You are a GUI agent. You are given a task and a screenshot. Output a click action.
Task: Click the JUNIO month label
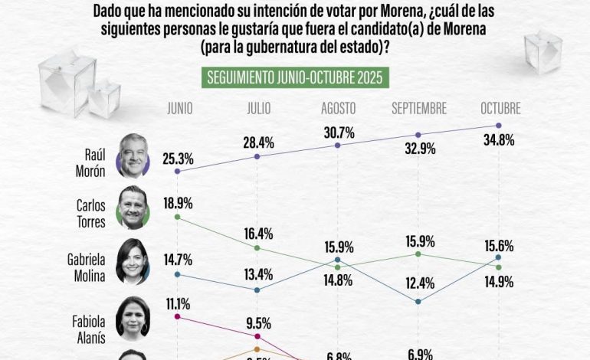(180, 109)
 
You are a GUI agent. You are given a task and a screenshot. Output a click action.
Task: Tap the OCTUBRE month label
(500, 109)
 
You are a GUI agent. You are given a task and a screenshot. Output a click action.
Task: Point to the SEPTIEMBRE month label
(418, 109)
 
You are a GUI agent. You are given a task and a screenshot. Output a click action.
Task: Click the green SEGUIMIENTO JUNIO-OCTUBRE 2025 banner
(296, 78)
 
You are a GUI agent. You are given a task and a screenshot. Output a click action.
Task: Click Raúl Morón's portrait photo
(133, 155)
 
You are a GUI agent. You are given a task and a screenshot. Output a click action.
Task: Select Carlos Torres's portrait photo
(133, 207)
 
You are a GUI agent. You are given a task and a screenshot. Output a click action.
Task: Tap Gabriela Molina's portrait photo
(133, 261)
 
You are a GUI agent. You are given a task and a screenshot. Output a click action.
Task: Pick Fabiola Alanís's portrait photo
(133, 316)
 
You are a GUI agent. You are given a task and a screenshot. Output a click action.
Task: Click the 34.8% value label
(498, 141)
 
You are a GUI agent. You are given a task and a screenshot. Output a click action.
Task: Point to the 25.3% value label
(178, 159)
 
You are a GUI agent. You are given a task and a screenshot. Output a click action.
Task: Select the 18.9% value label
(177, 204)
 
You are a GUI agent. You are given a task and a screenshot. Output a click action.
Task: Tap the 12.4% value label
(418, 283)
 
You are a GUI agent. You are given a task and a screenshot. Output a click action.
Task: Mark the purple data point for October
(499, 126)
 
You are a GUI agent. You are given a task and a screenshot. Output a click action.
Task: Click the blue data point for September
(418, 302)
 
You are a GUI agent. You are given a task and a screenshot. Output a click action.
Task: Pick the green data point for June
(177, 218)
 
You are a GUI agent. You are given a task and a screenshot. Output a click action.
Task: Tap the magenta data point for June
(177, 316)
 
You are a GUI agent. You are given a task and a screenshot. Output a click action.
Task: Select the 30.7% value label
(338, 131)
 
